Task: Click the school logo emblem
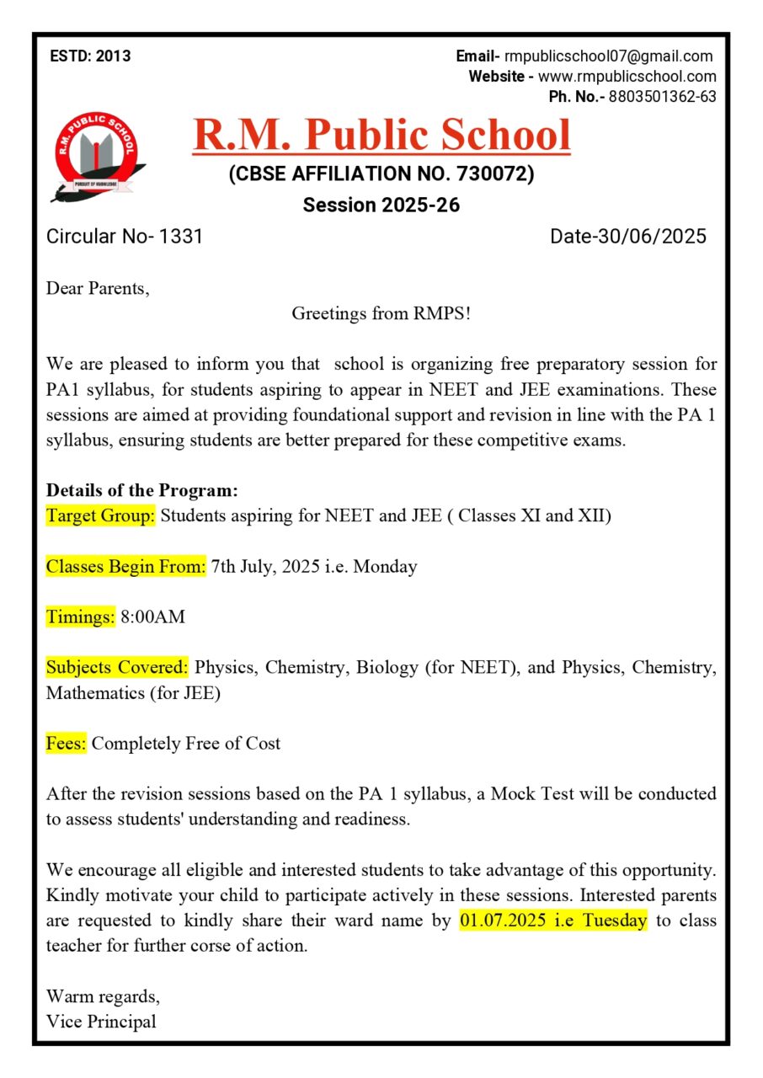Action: click(95, 157)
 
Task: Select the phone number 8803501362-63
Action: click(662, 96)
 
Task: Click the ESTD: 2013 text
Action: click(90, 56)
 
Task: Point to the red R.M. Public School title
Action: click(381, 135)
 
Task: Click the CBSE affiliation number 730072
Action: click(494, 174)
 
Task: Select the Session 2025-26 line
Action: click(381, 205)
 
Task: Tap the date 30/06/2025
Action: click(652, 237)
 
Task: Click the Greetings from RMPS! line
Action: click(381, 314)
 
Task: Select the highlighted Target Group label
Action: click(100, 516)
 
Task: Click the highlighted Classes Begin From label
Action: click(125, 567)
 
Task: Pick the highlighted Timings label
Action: click(80, 617)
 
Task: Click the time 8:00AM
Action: click(152, 617)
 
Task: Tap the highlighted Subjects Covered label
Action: click(117, 668)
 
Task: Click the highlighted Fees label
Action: click(66, 744)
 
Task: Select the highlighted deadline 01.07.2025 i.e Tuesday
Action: click(553, 921)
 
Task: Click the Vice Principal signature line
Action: click(101, 1022)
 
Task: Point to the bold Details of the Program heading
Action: click(142, 490)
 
